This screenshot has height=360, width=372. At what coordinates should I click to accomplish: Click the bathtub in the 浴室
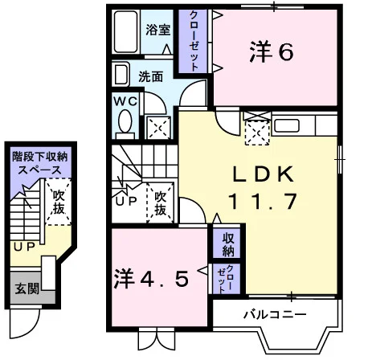click(x=126, y=31)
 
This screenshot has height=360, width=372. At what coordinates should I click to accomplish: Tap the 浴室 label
click(x=157, y=30)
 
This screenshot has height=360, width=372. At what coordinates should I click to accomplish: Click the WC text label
click(x=125, y=101)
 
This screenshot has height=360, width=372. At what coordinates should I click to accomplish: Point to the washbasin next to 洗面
click(x=121, y=74)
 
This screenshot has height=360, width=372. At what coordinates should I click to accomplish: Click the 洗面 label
click(x=150, y=77)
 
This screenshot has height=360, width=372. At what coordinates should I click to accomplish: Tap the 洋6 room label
click(x=272, y=52)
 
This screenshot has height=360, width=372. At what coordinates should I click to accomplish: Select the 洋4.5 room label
click(x=152, y=279)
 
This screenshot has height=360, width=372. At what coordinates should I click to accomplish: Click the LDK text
click(x=263, y=174)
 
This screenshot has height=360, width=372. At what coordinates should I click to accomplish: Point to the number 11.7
click(x=263, y=202)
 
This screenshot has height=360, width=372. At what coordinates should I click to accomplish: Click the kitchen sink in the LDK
click(x=287, y=125)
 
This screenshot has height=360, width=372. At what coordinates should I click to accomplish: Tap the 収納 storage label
click(x=228, y=244)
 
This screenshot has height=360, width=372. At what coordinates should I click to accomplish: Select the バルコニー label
click(x=275, y=314)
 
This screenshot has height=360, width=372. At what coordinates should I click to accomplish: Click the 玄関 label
click(x=27, y=288)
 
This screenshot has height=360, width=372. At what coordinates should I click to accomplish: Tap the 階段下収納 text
click(x=40, y=157)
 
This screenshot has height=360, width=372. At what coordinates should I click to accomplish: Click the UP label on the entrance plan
click(x=24, y=247)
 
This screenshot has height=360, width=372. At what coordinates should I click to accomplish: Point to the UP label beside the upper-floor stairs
click(x=126, y=201)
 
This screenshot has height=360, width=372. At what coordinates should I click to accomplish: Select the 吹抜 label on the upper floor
click(x=160, y=203)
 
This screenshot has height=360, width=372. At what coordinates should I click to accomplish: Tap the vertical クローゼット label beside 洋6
click(x=194, y=41)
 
